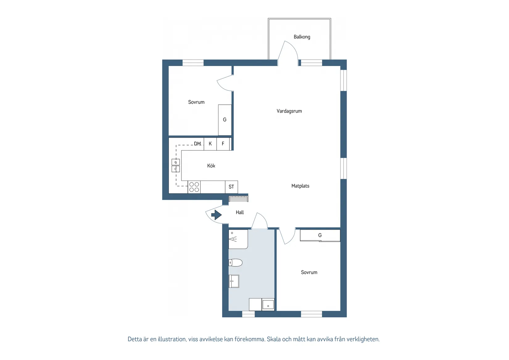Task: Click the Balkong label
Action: tap(302, 37)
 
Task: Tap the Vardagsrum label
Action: tap(289, 111)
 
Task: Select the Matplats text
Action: tap(300, 186)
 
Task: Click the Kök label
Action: tap(211, 166)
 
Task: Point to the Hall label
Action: tap(240, 212)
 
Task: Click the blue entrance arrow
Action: tap(216, 215)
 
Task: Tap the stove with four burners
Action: tap(194, 187)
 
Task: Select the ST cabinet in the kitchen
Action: tap(231, 187)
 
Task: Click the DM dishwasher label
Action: tap(197, 144)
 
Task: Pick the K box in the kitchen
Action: tap(210, 144)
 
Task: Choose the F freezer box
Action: tap(223, 144)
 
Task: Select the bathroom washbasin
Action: tap(234, 281)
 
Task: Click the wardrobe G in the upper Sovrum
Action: tap(225, 120)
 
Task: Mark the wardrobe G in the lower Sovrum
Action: tap(320, 235)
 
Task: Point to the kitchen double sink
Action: tap(176, 165)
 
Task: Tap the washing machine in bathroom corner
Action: tap(268, 305)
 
